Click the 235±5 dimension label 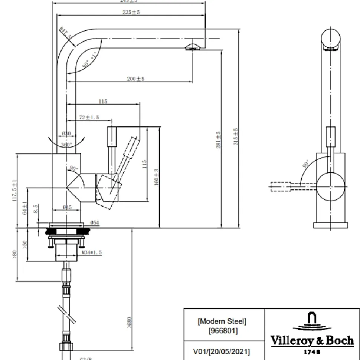(131, 12)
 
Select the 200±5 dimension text (135, 79)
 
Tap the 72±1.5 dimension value (89, 117)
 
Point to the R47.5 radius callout (66, 34)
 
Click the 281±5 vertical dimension (219, 140)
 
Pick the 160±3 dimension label (157, 177)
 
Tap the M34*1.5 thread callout (92, 253)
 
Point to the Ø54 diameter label (94, 223)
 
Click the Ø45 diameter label (67, 208)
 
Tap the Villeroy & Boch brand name (312, 340)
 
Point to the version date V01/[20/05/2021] (222, 351)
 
